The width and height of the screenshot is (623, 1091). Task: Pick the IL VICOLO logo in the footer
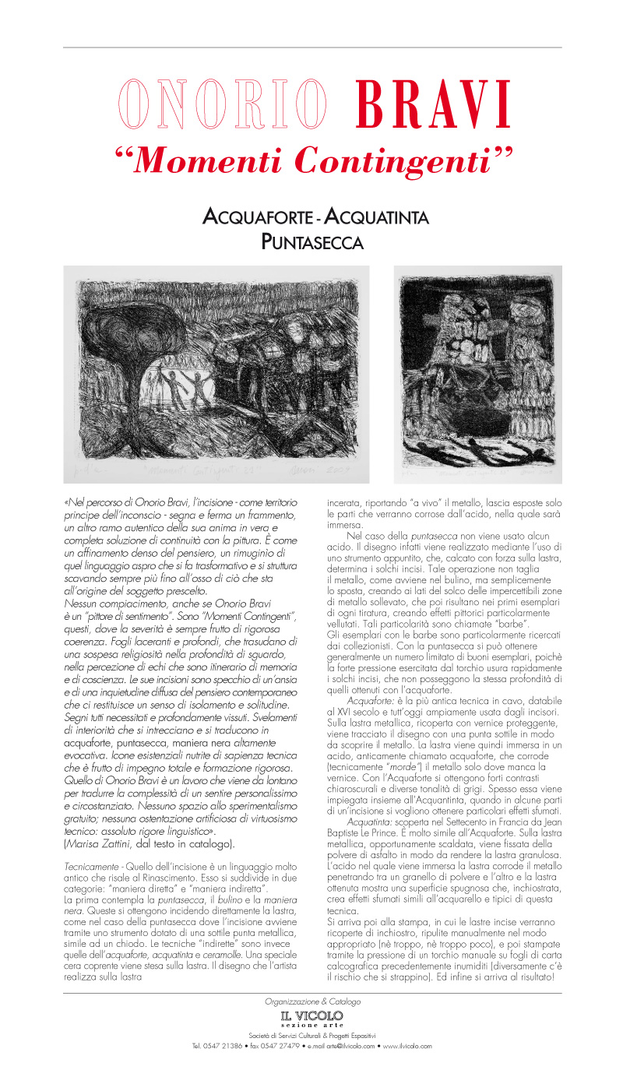[312, 1015]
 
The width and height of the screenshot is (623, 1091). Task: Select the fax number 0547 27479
[271, 1046]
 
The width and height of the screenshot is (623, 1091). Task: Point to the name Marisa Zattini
[97, 843]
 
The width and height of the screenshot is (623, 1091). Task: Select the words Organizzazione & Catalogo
[312, 1001]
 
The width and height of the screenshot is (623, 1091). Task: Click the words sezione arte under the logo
[312, 1026]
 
